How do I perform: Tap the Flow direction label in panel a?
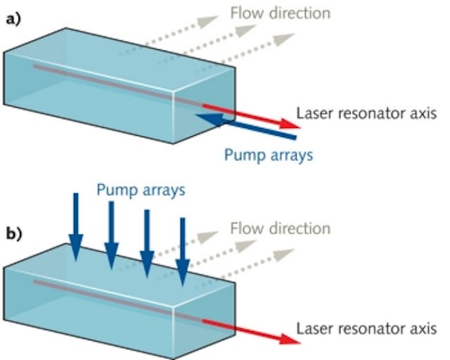(x=279, y=13)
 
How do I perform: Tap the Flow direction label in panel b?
(x=279, y=228)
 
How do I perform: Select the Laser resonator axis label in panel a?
(x=366, y=112)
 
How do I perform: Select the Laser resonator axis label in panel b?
(x=366, y=328)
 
